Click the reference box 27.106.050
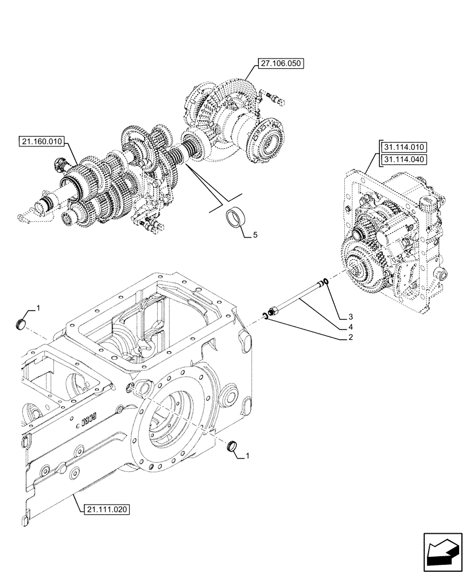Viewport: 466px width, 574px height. (x=281, y=64)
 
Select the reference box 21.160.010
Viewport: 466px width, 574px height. (x=44, y=141)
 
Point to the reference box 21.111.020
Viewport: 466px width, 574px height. (x=107, y=509)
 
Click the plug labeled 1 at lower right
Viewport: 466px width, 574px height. (x=234, y=446)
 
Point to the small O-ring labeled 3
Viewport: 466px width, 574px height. (x=325, y=281)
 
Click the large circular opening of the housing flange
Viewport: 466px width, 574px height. (x=173, y=424)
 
